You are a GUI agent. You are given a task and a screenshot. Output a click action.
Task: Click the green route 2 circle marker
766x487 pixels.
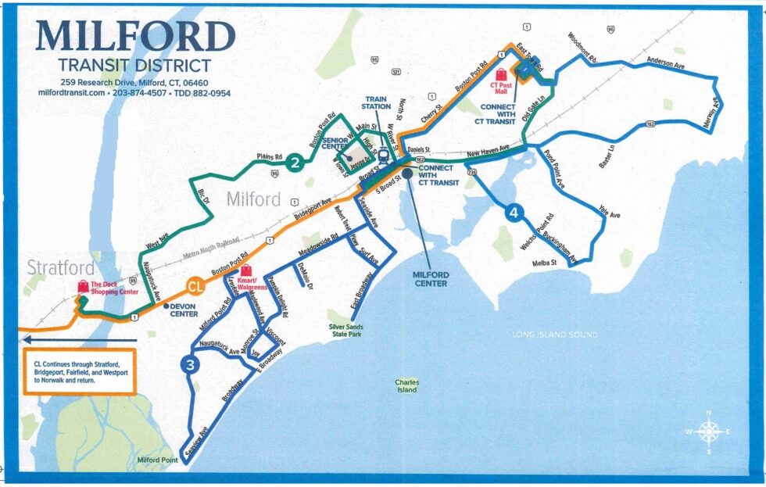tap(294, 163)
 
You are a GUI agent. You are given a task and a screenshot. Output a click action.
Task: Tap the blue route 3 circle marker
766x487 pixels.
tap(189, 364)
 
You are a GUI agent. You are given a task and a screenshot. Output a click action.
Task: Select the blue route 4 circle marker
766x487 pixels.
tap(513, 212)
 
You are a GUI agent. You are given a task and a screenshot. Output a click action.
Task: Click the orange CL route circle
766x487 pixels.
tap(196, 287)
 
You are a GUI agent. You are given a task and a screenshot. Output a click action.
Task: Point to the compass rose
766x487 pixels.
tap(708, 431)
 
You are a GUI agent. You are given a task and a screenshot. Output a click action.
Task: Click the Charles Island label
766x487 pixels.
tap(406, 386)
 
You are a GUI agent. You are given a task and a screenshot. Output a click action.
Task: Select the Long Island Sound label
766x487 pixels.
tap(555, 335)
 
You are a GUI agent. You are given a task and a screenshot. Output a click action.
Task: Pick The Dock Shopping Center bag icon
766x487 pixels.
tap(82, 287)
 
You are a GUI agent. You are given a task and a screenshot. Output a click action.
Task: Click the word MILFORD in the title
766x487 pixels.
tap(135, 36)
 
